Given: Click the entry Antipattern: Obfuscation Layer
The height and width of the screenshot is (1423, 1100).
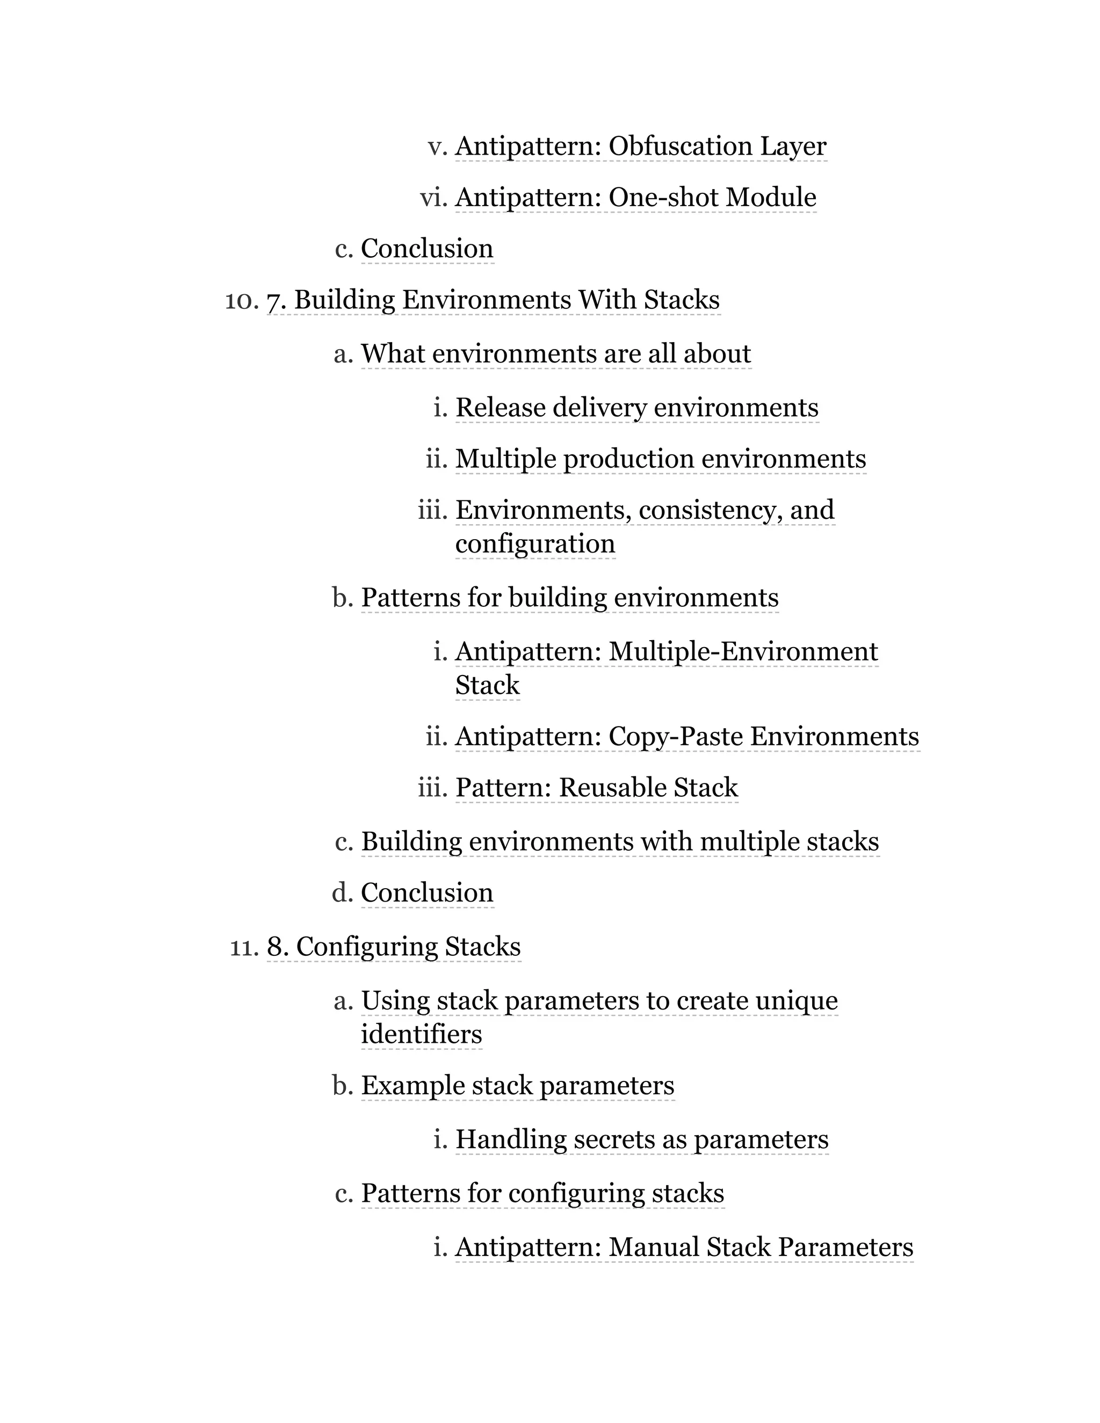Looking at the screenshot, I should pyautogui.click(x=641, y=146).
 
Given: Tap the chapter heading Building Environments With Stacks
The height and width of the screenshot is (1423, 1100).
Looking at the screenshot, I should pyautogui.click(x=493, y=300).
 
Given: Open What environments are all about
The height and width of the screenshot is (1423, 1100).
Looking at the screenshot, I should pyautogui.click(x=556, y=354).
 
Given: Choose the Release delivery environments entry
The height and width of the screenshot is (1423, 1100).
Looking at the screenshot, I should pyautogui.click(x=636, y=408).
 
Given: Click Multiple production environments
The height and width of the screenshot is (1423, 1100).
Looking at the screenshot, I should pyautogui.click(x=660, y=459).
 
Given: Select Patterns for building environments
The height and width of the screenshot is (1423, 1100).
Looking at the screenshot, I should pyautogui.click(x=569, y=598).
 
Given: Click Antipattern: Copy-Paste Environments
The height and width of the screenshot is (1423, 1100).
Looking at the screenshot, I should pyautogui.click(x=687, y=736).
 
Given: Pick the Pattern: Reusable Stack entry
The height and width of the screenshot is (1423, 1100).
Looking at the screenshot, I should pyautogui.click(x=596, y=788).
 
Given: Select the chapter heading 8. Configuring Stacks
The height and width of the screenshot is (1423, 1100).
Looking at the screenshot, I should pyautogui.click(x=394, y=947).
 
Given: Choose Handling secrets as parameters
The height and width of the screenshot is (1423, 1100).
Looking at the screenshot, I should pyautogui.click(x=642, y=1139).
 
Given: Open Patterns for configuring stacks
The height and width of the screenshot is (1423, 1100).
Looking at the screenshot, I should pyautogui.click(x=542, y=1193).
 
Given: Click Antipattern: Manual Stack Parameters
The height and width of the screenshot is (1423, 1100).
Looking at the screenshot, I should pyautogui.click(x=684, y=1247).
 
